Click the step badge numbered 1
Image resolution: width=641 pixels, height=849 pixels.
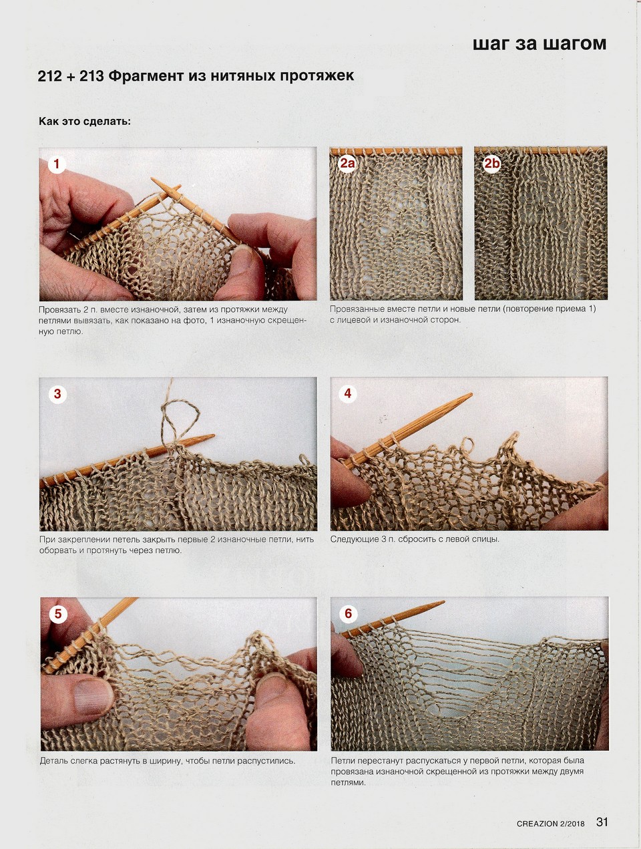click(x=57, y=164)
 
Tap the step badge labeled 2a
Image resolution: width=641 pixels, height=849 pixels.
click(x=347, y=164)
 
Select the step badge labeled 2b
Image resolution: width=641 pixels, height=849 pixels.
click(x=491, y=164)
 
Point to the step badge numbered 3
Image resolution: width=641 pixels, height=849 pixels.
click(x=57, y=393)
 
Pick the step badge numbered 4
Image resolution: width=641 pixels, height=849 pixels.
click(x=348, y=393)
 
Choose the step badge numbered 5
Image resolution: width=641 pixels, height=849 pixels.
click(x=58, y=614)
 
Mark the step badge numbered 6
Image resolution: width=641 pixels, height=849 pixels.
click(x=349, y=613)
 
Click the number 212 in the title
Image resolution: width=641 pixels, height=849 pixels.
click(x=50, y=76)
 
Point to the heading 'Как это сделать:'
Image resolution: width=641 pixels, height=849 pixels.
click(x=85, y=122)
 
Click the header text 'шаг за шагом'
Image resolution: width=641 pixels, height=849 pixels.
click(x=540, y=43)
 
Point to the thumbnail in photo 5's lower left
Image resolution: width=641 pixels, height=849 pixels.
click(x=93, y=696)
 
